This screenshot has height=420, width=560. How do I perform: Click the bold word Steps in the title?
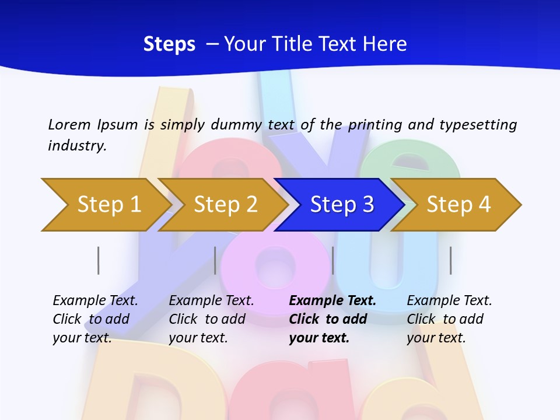click(169, 44)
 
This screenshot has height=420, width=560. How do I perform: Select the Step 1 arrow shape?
click(105, 205)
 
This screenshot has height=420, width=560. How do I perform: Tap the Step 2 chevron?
click(225, 205)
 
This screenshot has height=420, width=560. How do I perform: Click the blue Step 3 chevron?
click(341, 205)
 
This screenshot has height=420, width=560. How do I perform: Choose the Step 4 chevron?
click(458, 205)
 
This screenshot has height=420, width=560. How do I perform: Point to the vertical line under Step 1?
click(99, 260)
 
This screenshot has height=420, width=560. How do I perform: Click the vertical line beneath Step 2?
click(215, 260)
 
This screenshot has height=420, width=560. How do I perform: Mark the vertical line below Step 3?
click(332, 260)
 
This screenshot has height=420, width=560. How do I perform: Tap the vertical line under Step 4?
click(450, 260)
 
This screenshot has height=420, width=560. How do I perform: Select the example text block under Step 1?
click(94, 319)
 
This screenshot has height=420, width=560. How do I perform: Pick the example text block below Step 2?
click(211, 319)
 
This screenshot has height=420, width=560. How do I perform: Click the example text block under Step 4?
click(449, 319)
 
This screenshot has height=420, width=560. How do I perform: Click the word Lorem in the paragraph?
click(69, 125)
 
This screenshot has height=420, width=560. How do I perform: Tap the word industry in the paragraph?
click(77, 146)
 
